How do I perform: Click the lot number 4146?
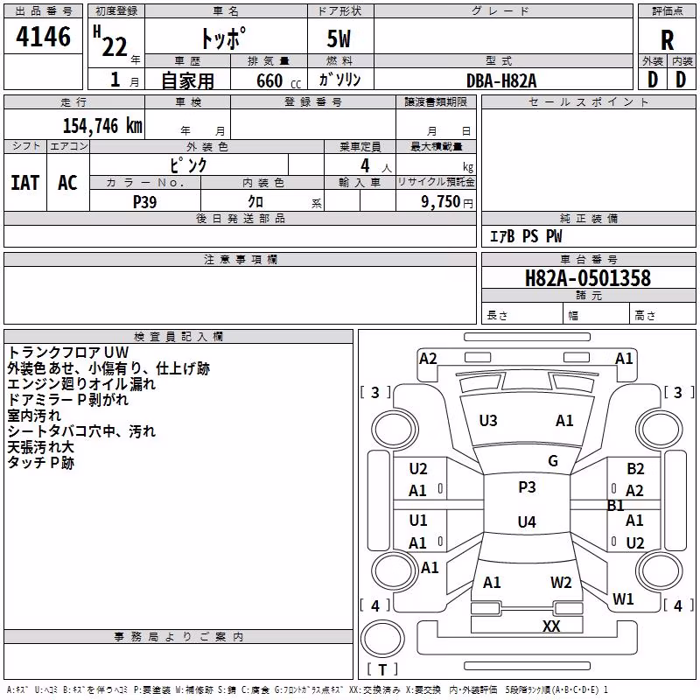pos(43,37)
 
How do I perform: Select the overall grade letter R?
pos(667,40)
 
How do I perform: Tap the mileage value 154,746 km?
pos(102,126)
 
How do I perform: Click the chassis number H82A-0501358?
pos(588,278)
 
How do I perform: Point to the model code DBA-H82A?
pos(501,80)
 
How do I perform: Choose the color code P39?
pos(145,202)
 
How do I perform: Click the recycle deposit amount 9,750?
pos(441,202)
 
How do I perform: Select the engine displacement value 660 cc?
pos(278,80)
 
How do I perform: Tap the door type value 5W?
pos(339,38)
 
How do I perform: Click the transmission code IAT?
pos(25,183)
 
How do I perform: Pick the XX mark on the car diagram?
pos(551,626)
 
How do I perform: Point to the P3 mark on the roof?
pos(527,487)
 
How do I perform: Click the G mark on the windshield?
pos(553,461)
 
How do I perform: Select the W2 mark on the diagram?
pos(561,583)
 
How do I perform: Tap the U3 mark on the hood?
pos(488,421)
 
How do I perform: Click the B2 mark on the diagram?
pos(635,469)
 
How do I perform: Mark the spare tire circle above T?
pos(382,638)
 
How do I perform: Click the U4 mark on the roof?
pos(527,521)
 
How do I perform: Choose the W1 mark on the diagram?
pos(623,599)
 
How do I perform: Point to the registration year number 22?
pos(115,46)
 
